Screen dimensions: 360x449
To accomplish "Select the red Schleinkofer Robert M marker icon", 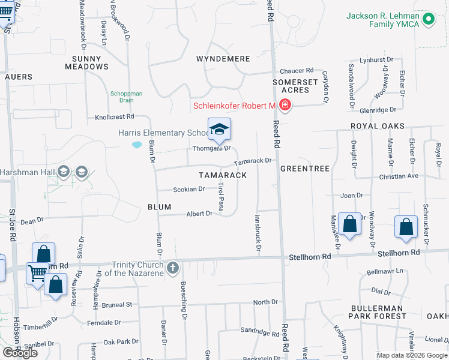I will coord(285,106).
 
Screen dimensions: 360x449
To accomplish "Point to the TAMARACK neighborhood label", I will coord(223,175).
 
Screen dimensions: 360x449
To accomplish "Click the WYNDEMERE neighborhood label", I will coord(223,59).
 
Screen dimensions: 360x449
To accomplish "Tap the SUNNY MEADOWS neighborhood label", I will coord(88,62).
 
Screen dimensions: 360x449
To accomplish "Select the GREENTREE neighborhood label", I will coord(305,169).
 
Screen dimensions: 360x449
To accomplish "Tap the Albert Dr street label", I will coord(199,214).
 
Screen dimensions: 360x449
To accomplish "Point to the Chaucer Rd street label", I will coord(297,70).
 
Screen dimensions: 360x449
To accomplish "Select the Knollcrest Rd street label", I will coord(114,117).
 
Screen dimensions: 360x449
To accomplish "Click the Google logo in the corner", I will coord(20,352).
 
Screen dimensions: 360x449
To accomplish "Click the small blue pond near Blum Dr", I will coord(137,145).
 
